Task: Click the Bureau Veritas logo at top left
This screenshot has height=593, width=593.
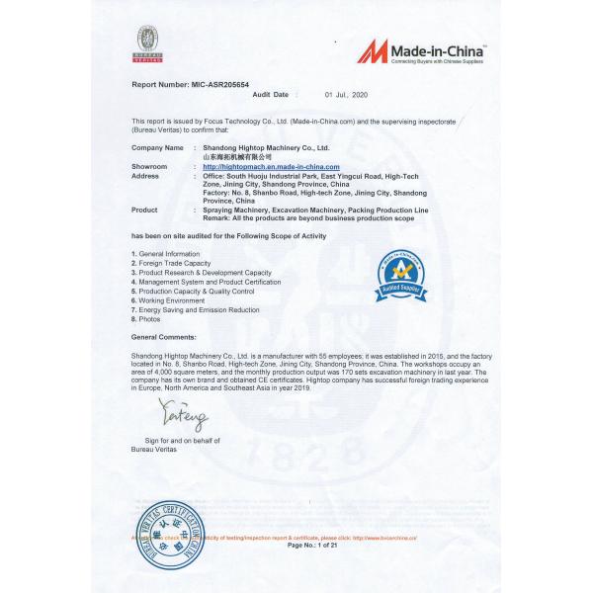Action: (x=146, y=42)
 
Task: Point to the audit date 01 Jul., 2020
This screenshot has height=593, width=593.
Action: (x=345, y=94)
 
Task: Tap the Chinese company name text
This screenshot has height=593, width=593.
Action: (x=236, y=157)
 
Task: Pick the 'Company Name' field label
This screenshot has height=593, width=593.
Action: (x=158, y=147)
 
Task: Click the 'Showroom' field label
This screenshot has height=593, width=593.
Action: (x=149, y=167)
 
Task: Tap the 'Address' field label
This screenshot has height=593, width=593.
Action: (x=145, y=176)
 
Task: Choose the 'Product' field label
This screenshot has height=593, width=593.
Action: (x=144, y=211)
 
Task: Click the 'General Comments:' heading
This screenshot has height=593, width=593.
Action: (x=163, y=337)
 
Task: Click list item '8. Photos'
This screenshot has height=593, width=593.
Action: (x=146, y=318)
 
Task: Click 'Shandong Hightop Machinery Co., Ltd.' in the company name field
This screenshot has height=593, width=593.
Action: (x=265, y=147)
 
